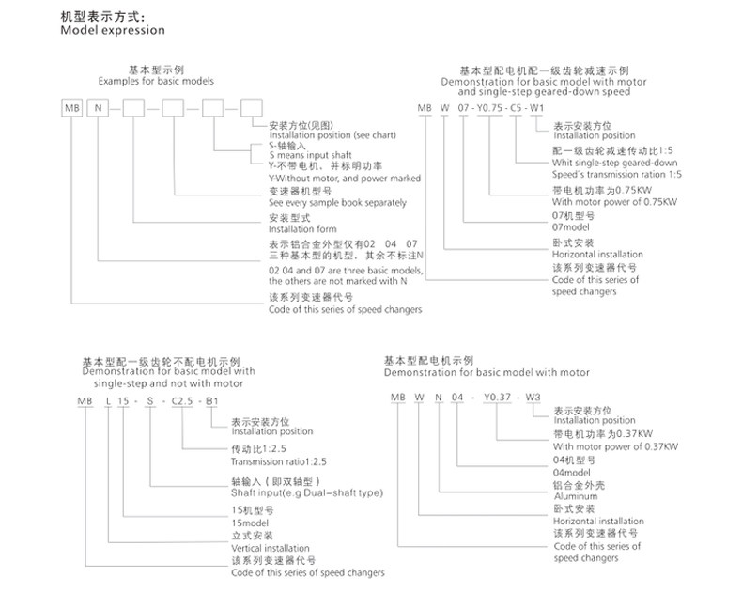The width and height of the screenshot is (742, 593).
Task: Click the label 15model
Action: coord(249,523)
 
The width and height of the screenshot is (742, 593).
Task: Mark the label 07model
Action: coord(571,227)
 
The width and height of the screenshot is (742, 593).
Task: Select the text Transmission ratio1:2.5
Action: coord(279,461)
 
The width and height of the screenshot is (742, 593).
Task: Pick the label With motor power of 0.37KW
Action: coord(609,447)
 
